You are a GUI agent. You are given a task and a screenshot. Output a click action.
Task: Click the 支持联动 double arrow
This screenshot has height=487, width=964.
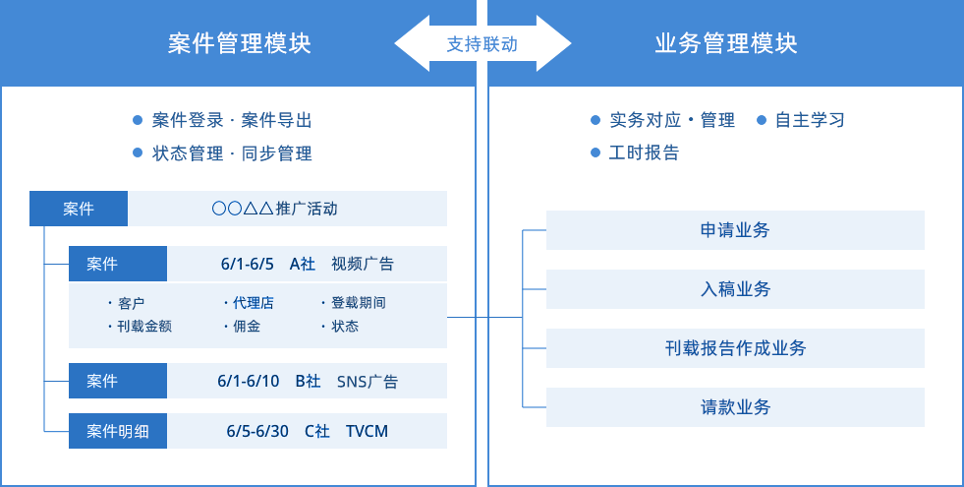pyautogui.click(x=482, y=44)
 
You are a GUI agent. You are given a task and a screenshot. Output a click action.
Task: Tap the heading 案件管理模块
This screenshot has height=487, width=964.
pyautogui.click(x=239, y=44)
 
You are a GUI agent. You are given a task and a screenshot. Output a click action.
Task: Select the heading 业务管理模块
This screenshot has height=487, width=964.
pyautogui.click(x=725, y=44)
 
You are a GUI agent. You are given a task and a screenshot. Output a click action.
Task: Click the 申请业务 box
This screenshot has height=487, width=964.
pyautogui.click(x=735, y=230)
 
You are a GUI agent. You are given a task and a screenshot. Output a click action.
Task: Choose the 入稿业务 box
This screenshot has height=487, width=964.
pyautogui.click(x=735, y=289)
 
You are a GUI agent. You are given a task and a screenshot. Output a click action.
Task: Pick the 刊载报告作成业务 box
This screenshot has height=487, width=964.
pyautogui.click(x=735, y=348)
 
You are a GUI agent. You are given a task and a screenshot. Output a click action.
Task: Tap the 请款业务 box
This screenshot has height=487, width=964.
pyautogui.click(x=735, y=407)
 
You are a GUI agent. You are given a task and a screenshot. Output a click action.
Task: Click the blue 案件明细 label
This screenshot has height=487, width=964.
pyautogui.click(x=118, y=431)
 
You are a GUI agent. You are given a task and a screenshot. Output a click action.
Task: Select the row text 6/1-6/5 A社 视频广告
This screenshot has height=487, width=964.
pyautogui.click(x=307, y=264)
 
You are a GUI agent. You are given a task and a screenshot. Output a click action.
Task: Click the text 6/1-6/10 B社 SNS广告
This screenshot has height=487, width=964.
pyautogui.click(x=307, y=381)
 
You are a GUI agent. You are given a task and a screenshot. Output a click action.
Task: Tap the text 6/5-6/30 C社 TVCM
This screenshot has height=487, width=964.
pyautogui.click(x=307, y=431)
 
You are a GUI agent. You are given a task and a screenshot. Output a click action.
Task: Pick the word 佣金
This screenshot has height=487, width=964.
pyautogui.click(x=247, y=327)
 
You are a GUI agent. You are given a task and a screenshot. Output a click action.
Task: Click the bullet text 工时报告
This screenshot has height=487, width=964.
pyautogui.click(x=644, y=153)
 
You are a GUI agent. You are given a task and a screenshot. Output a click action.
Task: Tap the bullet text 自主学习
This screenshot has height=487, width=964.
pyautogui.click(x=809, y=120)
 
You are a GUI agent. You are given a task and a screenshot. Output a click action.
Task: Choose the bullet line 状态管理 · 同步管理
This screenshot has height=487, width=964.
pyautogui.click(x=232, y=153)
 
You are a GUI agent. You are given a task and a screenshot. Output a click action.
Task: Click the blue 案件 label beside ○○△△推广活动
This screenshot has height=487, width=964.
pyautogui.click(x=79, y=209)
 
